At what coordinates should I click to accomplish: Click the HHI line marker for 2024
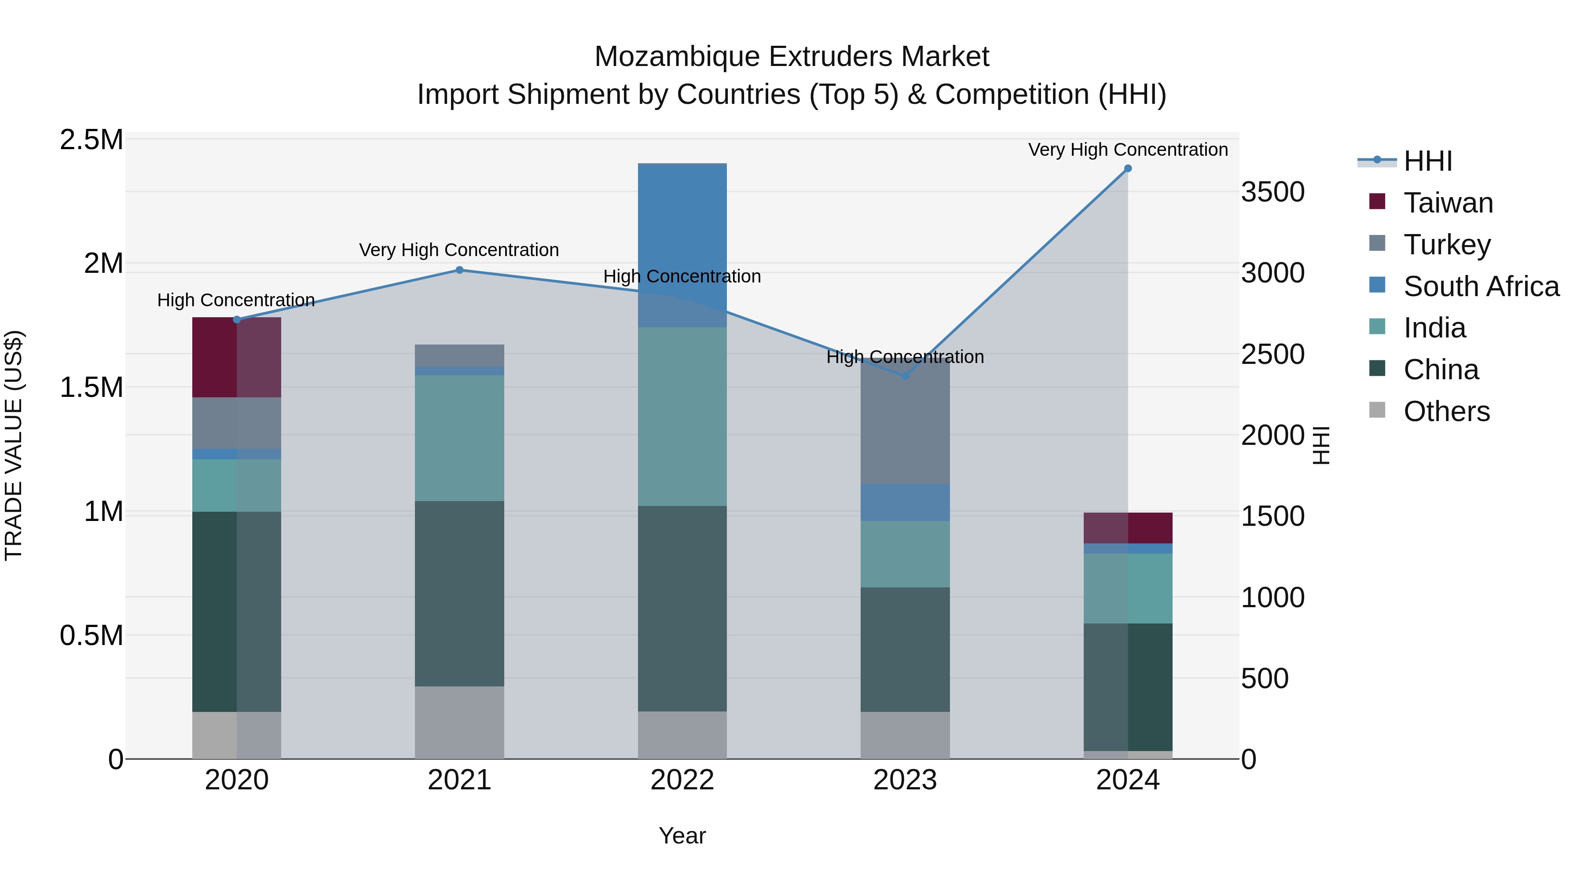pyautogui.click(x=1128, y=169)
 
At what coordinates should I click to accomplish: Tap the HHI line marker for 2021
pyautogui.click(x=459, y=270)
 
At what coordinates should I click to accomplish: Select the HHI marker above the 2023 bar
pyautogui.click(x=905, y=376)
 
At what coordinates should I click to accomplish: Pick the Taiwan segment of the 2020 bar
pyautogui.click(x=237, y=357)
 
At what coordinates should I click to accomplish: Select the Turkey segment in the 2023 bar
pyautogui.click(x=905, y=424)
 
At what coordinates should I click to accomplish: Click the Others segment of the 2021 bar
pyautogui.click(x=459, y=722)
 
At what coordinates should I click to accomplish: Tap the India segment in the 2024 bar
pyautogui.click(x=1128, y=588)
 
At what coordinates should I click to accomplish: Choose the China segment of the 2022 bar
pyautogui.click(x=682, y=609)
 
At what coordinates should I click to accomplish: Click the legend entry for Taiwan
pyautogui.click(x=1448, y=203)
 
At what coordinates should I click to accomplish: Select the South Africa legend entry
pyautogui.click(x=1481, y=286)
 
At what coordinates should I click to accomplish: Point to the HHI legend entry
pyautogui.click(x=1427, y=161)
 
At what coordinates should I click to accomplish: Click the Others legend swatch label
pyautogui.click(x=1446, y=411)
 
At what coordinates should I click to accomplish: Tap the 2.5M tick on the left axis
pyautogui.click(x=91, y=140)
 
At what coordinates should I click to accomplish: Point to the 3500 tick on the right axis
pyautogui.click(x=1272, y=192)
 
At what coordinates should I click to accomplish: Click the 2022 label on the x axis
pyautogui.click(x=682, y=780)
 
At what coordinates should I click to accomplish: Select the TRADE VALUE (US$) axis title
pyautogui.click(x=14, y=445)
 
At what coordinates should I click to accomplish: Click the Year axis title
pyautogui.click(x=682, y=836)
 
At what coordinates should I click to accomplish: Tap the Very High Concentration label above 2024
pyautogui.click(x=1128, y=150)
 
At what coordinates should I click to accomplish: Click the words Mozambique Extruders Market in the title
pyautogui.click(x=792, y=57)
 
